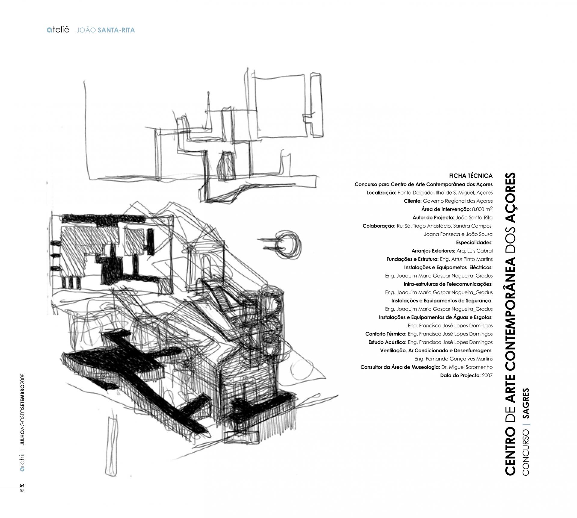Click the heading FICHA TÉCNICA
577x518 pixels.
click(471, 176)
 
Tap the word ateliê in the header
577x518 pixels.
click(58, 30)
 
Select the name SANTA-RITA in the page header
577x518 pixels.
click(116, 30)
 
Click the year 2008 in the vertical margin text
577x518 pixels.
click(22, 380)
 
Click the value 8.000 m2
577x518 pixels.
click(482, 209)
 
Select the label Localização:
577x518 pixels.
click(381, 193)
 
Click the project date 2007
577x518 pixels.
click(487, 375)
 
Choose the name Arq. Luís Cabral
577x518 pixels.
click(475, 251)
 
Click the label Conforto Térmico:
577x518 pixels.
click(386, 334)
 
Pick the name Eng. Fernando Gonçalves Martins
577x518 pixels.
click(453, 359)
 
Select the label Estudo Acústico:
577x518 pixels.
click(387, 342)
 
